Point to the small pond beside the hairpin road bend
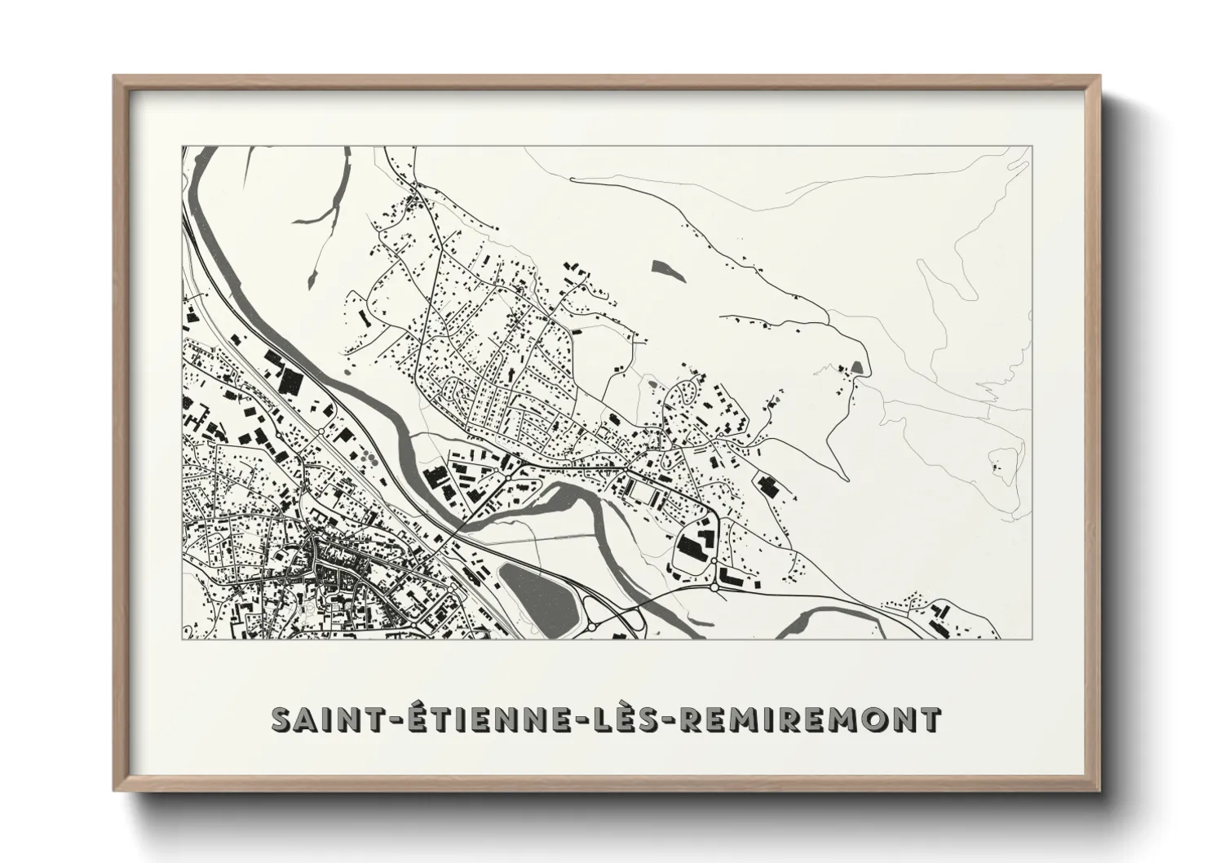coord(856,368)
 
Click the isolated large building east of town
coord(766,487)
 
